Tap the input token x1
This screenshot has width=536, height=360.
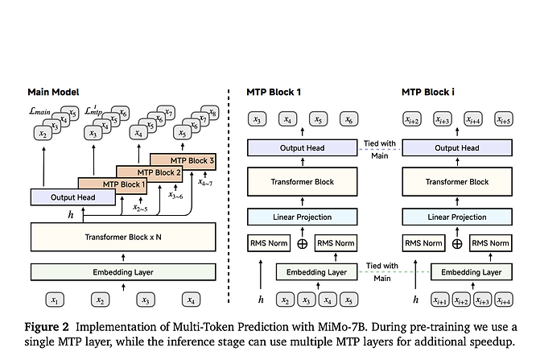(55, 300)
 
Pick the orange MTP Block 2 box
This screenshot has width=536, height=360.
(148, 172)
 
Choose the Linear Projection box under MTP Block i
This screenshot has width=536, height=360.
(457, 217)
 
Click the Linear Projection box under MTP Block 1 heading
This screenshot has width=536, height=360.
(303, 217)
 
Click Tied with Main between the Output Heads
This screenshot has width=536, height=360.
(379, 148)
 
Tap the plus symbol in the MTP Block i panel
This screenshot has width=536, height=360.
(457, 243)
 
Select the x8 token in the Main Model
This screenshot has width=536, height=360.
(213, 113)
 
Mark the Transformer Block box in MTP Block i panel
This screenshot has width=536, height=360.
(457, 182)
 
